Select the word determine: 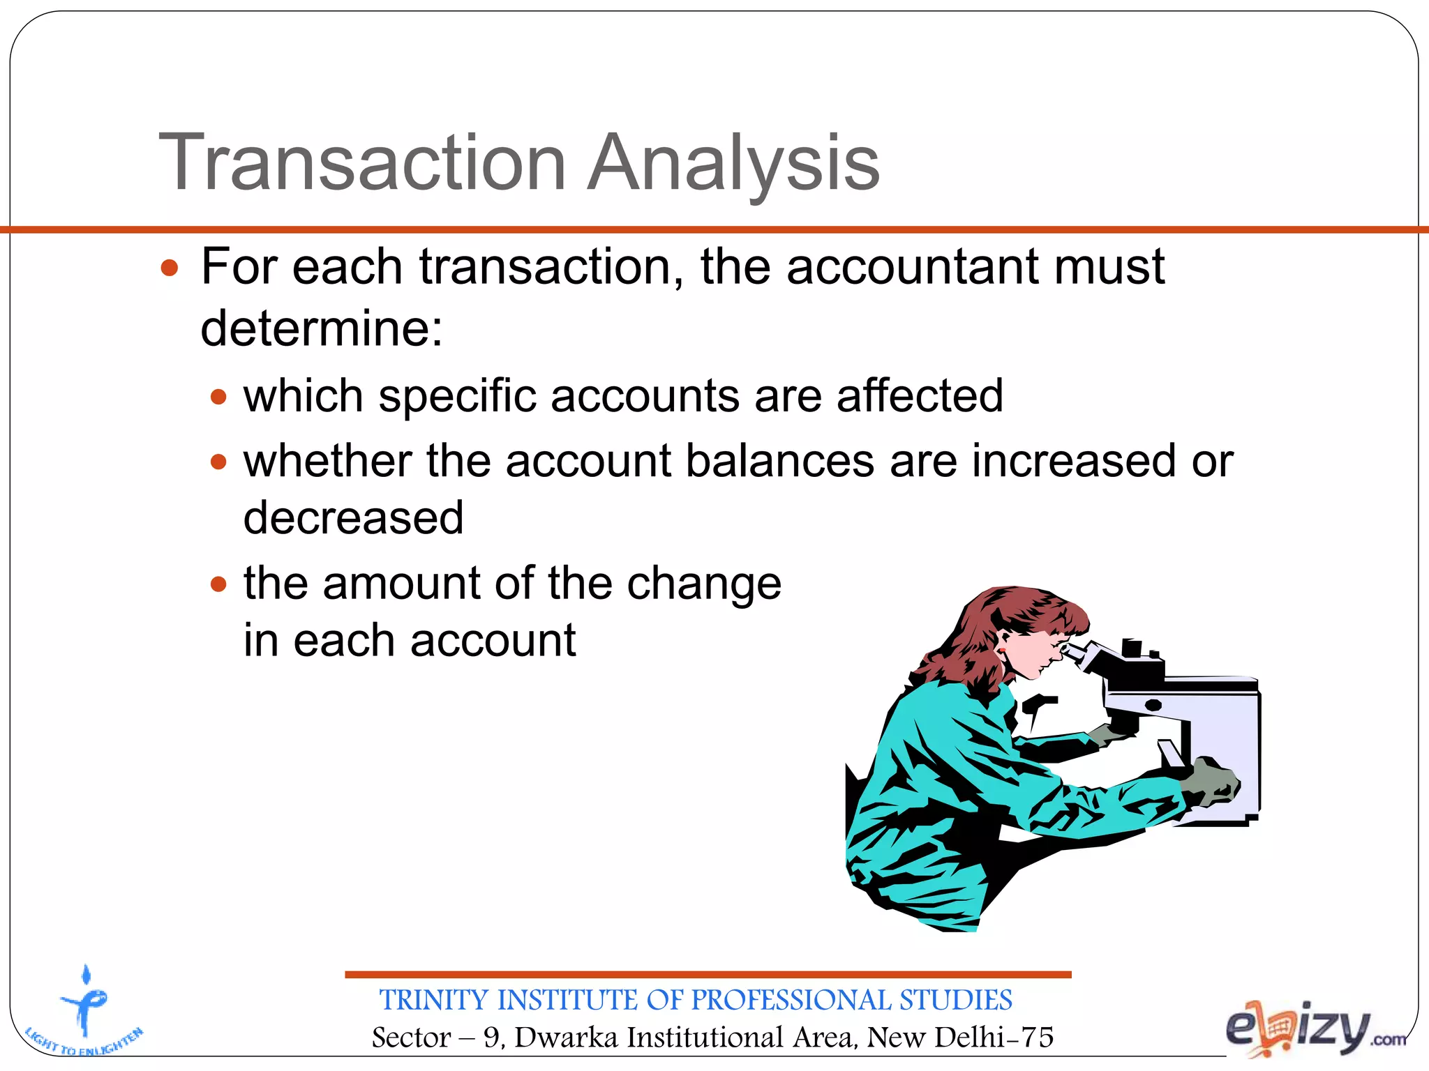322,328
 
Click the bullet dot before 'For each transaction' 170,268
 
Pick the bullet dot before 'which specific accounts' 219,397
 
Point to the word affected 920,396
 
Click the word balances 779,462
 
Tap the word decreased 353,518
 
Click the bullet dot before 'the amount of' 219,584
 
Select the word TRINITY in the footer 435,1000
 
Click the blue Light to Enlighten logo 85,1011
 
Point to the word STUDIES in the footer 955,1000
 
